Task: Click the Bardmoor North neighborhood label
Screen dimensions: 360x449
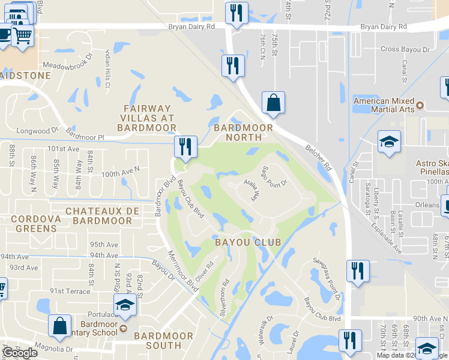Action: coord(243,132)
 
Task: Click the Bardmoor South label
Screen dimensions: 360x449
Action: coord(163,340)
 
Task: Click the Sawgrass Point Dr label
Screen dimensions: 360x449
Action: coord(327,280)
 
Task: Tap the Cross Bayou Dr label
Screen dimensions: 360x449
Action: coord(406,49)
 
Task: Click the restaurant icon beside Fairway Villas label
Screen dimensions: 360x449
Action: coord(185,147)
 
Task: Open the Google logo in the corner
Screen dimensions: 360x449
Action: coord(20,353)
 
